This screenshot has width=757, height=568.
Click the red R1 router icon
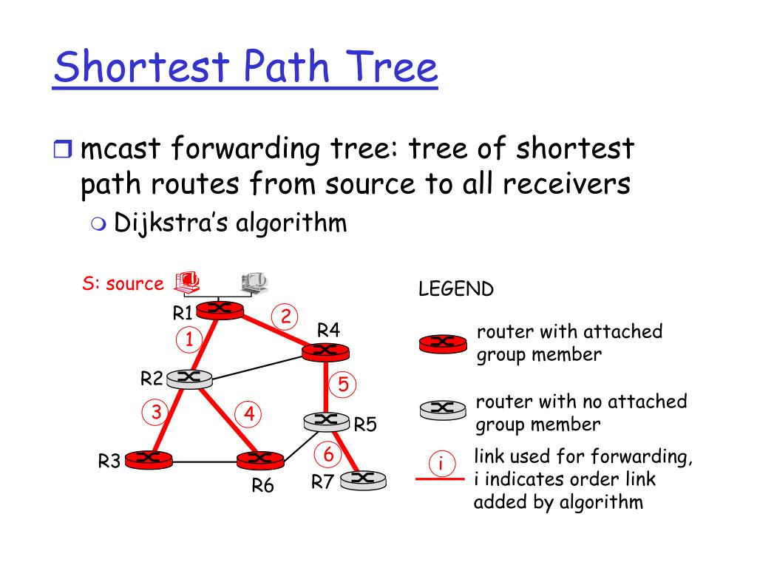[221, 310]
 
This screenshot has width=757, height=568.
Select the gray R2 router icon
[189, 379]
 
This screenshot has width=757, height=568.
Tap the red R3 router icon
[149, 459]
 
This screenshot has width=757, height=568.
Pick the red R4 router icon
[325, 352]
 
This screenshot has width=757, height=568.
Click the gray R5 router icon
[326, 422]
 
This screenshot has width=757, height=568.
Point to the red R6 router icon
[260, 459]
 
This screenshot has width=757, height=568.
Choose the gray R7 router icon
[362, 480]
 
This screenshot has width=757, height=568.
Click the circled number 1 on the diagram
[189, 340]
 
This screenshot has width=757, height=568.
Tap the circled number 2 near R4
[285, 317]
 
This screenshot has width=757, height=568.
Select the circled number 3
[156, 412]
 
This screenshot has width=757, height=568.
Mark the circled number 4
[250, 414]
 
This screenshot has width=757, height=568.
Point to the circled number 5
[343, 385]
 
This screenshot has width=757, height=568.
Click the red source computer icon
[187, 281]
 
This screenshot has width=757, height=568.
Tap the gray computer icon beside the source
[254, 282]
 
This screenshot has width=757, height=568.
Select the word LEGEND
[455, 289]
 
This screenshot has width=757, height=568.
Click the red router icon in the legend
[443, 342]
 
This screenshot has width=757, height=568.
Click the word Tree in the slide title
[393, 67]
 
